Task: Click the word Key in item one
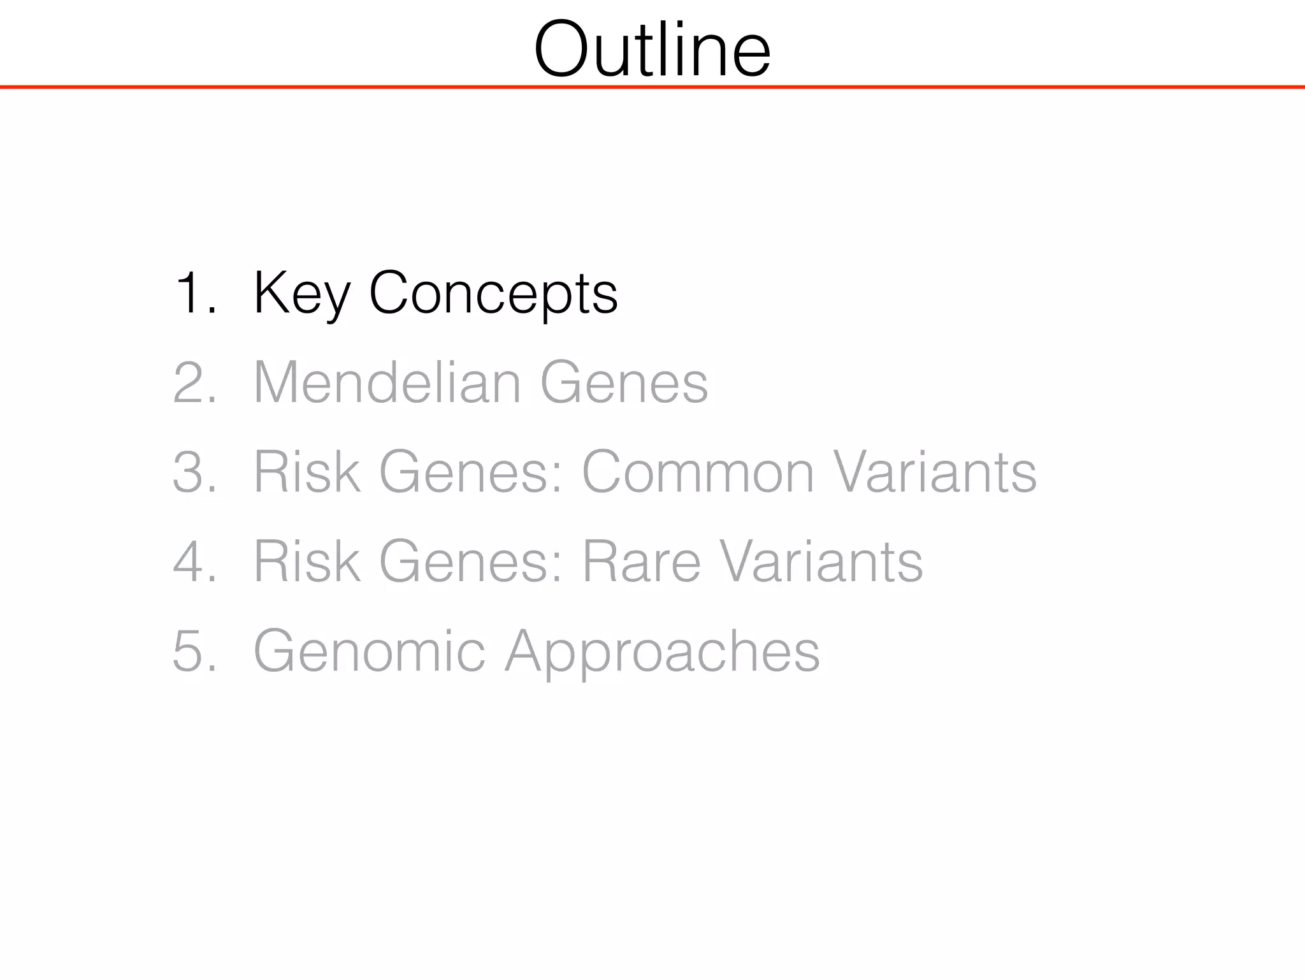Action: pos(301,293)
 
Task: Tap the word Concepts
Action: pos(493,293)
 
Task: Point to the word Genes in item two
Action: pos(624,382)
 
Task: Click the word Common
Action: pos(698,472)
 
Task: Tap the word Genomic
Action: pos(369,651)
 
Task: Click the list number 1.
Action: pos(194,293)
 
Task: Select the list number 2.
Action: pos(194,382)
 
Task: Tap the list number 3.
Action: pos(194,472)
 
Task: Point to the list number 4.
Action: pos(194,562)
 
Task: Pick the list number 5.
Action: pos(194,651)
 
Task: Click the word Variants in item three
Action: pos(935,472)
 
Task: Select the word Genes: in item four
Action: pos(472,562)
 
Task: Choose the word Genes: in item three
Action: pos(472,472)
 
